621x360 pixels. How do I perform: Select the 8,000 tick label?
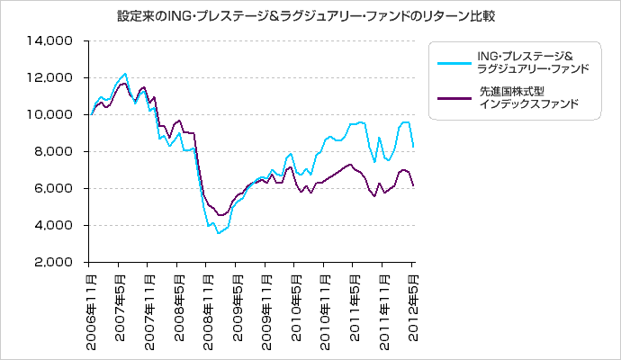[56, 152]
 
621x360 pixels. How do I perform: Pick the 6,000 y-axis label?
[56, 189]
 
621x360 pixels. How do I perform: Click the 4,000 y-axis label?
[56, 226]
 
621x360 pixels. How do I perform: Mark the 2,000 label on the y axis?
[56, 263]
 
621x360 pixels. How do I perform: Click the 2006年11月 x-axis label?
[92, 307]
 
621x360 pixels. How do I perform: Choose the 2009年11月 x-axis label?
[265, 307]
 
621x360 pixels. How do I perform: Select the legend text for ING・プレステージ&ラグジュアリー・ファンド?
[533, 63]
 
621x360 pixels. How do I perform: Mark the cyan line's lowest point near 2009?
[217, 233]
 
